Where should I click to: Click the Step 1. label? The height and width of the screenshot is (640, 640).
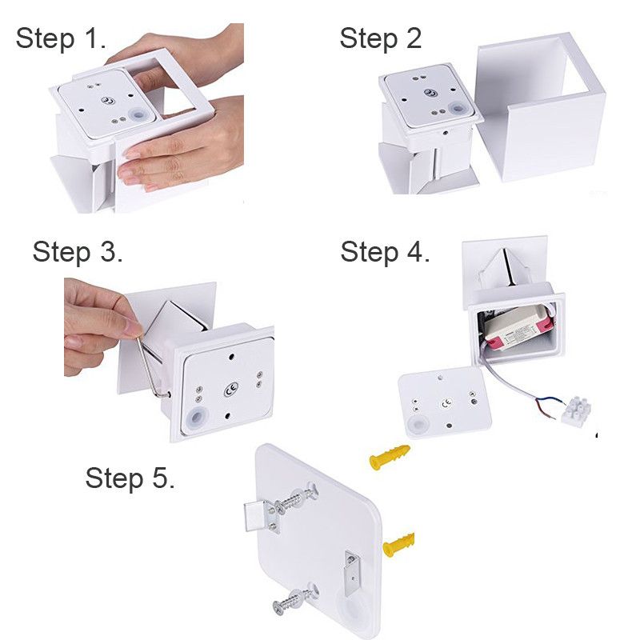coord(61,38)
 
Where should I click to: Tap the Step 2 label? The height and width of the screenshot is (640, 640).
coord(381,38)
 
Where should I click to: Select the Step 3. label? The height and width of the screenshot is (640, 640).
coord(78,251)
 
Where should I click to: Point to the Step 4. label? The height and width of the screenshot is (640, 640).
coord(385,251)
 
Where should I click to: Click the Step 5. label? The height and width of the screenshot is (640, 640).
coord(130,478)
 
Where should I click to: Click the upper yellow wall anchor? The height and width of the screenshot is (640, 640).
coord(390,457)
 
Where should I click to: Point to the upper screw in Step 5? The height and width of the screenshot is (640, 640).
coord(296,498)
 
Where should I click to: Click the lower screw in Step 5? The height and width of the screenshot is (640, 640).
coord(294,597)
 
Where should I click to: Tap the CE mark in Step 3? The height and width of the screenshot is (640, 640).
coord(231,390)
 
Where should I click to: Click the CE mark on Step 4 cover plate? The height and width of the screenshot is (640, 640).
coord(446,404)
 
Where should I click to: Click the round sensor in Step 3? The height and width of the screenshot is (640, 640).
coord(197,418)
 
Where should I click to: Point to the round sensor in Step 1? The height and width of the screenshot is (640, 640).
coord(138,114)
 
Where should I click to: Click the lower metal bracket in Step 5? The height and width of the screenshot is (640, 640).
coord(352,571)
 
